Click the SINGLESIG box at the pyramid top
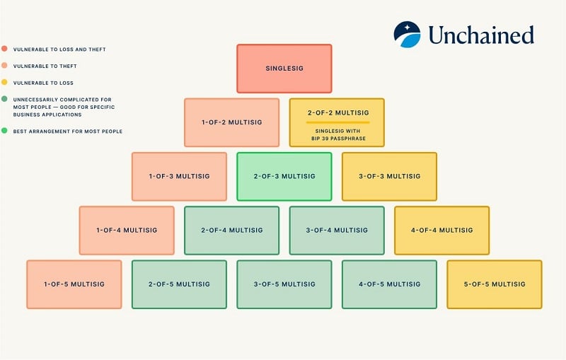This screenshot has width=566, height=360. (284, 69)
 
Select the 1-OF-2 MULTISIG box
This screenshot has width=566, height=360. (231, 122)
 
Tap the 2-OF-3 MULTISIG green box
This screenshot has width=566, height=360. (284, 176)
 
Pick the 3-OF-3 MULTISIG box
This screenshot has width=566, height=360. (389, 176)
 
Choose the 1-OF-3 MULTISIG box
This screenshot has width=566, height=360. (179, 176)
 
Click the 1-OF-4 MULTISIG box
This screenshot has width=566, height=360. (127, 230)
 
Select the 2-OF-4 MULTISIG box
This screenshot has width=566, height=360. (231, 230)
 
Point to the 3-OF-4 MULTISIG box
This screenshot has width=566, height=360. (337, 230)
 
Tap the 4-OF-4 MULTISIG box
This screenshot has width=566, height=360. (441, 230)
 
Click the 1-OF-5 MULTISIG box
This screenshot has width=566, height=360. (74, 284)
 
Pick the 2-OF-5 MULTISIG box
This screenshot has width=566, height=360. (179, 284)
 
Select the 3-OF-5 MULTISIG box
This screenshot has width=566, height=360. (284, 284)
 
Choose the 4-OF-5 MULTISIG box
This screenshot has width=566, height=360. (389, 284)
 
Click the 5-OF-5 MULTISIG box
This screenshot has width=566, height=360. (494, 284)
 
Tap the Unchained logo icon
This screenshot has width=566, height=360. (408, 34)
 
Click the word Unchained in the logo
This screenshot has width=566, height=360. (480, 35)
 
